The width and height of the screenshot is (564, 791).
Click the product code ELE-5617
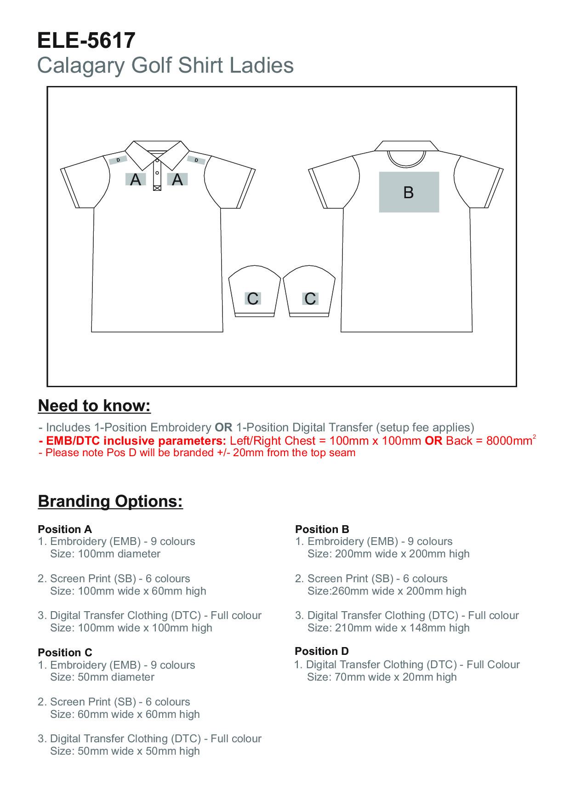point(86,40)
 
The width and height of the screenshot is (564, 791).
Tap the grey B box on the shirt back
point(409,192)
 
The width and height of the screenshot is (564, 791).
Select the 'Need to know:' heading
point(94,406)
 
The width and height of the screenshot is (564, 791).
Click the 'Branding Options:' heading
point(110,501)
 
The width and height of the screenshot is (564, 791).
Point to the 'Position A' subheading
point(65,529)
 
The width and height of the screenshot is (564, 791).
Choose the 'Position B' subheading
point(322,529)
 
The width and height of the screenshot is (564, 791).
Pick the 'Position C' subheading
point(65,652)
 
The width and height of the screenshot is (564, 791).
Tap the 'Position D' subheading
point(322,651)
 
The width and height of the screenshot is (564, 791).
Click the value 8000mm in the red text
point(508,441)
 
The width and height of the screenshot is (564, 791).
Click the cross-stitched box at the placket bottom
point(157,188)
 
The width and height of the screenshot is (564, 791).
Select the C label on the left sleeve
point(253,299)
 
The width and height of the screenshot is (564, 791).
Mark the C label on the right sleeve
point(310,299)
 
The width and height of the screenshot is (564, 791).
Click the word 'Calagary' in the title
point(80,65)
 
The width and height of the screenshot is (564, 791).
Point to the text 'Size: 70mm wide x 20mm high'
point(382,677)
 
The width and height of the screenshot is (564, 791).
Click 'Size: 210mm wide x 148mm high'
point(388,628)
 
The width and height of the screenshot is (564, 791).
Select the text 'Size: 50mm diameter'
point(102,677)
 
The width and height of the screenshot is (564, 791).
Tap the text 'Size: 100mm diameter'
point(105,554)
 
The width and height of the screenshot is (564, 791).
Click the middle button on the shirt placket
point(157,173)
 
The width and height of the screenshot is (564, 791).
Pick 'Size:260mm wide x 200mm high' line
point(387,591)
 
